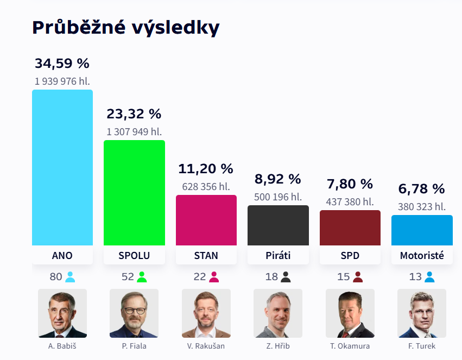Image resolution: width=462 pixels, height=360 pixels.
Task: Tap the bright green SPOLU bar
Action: [x=134, y=193]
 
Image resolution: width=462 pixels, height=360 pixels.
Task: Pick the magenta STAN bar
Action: [x=206, y=220]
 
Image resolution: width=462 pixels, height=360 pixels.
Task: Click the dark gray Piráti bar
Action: [x=278, y=225]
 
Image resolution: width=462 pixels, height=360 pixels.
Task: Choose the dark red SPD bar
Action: [x=350, y=228]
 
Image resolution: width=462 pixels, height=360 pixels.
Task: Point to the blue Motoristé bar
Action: [x=422, y=230]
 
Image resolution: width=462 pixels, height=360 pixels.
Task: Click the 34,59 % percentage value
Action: [x=62, y=64]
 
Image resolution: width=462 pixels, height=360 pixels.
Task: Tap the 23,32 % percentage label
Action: [x=134, y=114]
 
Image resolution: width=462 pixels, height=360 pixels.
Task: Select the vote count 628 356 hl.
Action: [x=206, y=187]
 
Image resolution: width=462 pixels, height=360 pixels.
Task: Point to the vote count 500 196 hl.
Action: [x=278, y=197]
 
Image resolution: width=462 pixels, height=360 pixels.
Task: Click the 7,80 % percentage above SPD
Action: [x=350, y=184]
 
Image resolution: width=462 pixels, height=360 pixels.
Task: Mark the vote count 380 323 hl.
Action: [x=422, y=207]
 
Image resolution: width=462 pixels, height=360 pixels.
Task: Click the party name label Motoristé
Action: [x=422, y=256]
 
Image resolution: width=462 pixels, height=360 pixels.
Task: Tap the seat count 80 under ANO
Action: [x=56, y=277]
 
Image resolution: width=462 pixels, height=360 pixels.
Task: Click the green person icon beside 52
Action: [x=142, y=277]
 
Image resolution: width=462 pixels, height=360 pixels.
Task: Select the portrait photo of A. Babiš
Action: [x=62, y=313]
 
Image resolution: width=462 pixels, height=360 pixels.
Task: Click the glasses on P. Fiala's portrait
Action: [x=134, y=311]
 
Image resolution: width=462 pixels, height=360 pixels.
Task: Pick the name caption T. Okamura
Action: [x=350, y=346]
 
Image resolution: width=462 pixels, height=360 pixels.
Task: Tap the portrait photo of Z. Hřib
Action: [x=278, y=313]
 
